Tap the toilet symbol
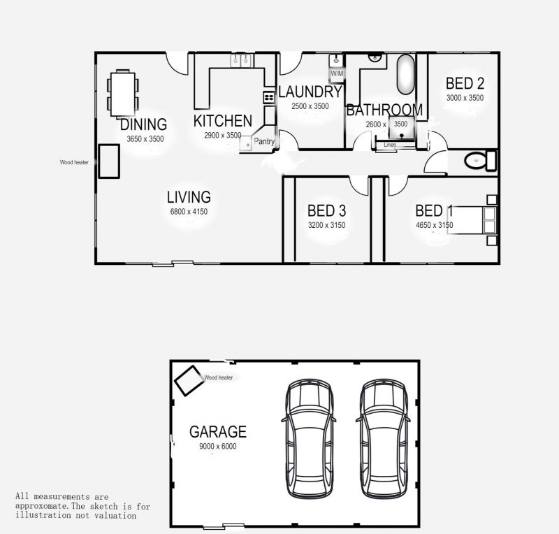480,161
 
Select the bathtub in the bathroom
406,74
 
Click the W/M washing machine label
337,73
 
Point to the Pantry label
264,141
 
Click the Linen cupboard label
390,145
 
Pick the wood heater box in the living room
109,161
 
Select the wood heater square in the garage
189,380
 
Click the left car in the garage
309,438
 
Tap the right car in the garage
383,438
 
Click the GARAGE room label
218,432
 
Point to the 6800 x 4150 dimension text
189,212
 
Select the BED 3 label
326,211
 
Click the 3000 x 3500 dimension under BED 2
465,98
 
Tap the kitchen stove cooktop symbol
269,97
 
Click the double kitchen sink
242,60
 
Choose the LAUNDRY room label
310,92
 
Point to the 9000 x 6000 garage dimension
218,446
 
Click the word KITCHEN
223,121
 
